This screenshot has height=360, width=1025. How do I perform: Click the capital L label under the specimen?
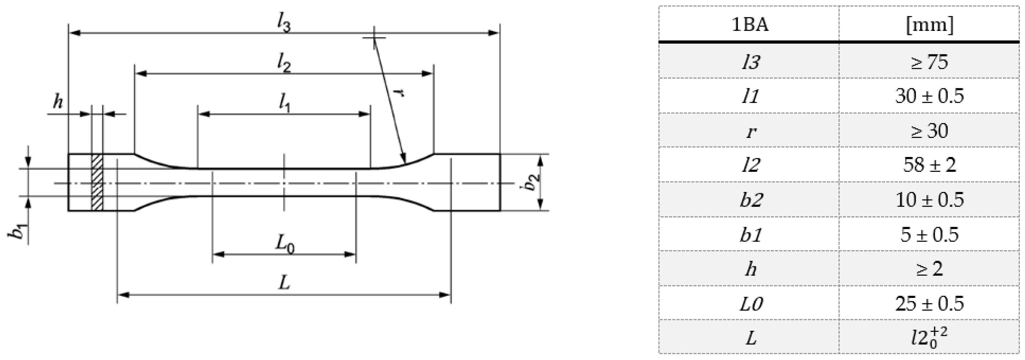pos(284,283)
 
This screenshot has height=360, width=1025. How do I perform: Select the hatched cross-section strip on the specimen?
pos(97,182)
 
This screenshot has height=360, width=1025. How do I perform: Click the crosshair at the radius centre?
pos(374,38)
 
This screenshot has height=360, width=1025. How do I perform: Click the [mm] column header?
pos(930,25)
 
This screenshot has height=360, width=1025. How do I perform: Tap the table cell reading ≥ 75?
pos(930,62)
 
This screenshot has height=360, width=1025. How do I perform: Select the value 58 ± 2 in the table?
pos(930,165)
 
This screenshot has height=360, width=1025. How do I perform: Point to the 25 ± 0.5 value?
pos(930,303)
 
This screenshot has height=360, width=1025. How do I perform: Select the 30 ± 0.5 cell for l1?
pos(930,96)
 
